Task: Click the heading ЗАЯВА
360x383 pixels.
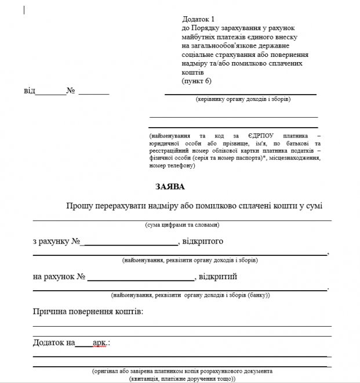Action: click(x=170, y=187)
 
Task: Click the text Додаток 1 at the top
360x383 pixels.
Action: click(x=198, y=20)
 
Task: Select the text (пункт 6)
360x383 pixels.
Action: click(x=197, y=81)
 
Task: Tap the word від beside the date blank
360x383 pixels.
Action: click(x=29, y=91)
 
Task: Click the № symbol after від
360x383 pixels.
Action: click(x=71, y=91)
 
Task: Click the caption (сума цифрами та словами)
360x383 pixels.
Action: click(x=182, y=225)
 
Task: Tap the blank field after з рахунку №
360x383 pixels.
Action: click(x=131, y=241)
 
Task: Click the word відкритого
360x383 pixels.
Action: click(x=203, y=241)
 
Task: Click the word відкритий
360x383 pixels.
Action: click(x=219, y=277)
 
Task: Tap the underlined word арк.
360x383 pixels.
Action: click(x=100, y=343)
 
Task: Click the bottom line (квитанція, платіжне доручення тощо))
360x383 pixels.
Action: click(x=182, y=378)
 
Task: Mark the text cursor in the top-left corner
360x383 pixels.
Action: click(x=24, y=10)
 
